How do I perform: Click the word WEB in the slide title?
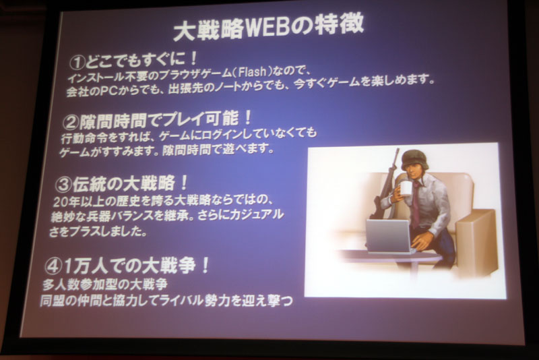(269, 28)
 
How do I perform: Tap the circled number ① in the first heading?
(77, 63)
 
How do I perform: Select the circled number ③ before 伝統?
(63, 185)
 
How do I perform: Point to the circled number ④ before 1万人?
(53, 266)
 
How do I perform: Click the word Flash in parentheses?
(252, 72)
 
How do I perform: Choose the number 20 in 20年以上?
(61, 202)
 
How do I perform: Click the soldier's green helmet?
(415, 159)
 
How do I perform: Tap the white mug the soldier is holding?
(406, 188)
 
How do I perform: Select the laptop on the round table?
(389, 236)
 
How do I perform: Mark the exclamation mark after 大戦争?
(205, 265)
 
